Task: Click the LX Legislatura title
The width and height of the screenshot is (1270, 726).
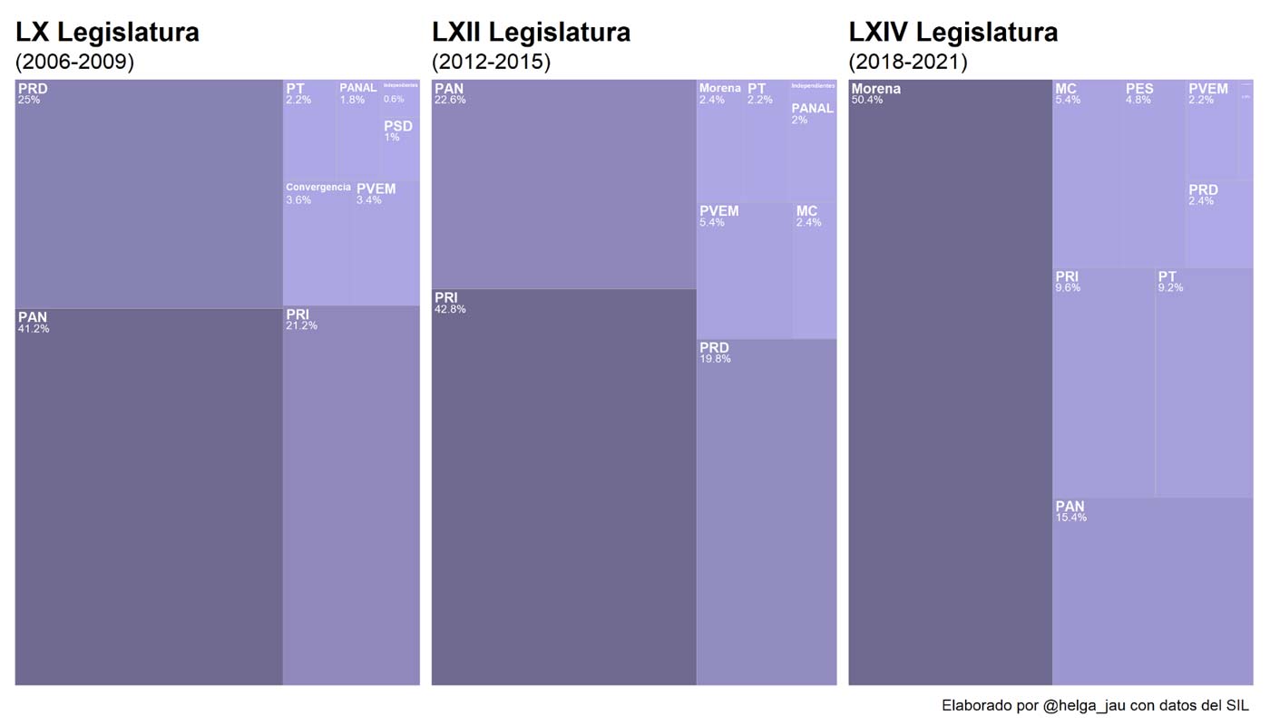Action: tap(107, 33)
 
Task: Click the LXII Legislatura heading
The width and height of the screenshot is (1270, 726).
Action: tap(531, 33)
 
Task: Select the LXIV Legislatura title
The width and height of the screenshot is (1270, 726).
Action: tap(952, 33)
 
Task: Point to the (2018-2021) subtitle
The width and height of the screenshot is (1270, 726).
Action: tap(907, 62)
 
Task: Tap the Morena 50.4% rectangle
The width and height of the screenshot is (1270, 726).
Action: tap(950, 381)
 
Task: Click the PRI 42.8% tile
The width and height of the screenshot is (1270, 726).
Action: tap(563, 487)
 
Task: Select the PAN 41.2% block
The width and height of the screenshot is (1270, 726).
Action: tap(149, 496)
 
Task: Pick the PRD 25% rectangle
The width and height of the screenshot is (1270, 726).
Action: tap(149, 193)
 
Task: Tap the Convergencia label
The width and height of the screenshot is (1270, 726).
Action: tap(317, 188)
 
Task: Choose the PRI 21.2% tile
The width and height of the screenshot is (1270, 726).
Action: tap(351, 495)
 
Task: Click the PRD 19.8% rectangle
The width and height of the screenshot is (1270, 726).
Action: tap(767, 512)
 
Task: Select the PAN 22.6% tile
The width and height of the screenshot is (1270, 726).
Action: tap(563, 184)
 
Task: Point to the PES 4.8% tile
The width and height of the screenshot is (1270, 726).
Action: tap(1154, 172)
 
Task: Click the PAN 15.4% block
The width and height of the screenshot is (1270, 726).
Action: tap(1152, 591)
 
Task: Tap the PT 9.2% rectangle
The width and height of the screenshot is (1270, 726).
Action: tap(1204, 382)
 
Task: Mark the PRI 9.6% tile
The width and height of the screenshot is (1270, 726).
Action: tap(1103, 382)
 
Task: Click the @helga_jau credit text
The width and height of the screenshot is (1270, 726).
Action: tap(1094, 705)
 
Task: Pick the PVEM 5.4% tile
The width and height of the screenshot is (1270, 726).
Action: tap(744, 270)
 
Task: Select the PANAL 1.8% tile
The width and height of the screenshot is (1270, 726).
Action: tap(358, 130)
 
